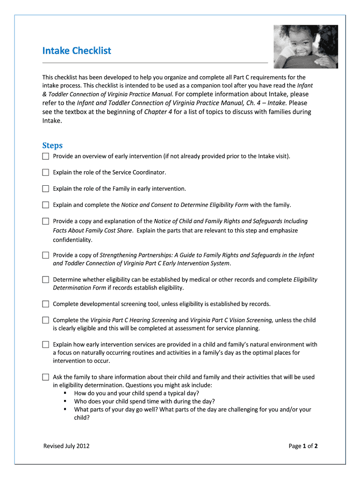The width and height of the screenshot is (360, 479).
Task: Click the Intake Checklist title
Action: coord(77,50)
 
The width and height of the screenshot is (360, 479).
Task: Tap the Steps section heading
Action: coord(52,145)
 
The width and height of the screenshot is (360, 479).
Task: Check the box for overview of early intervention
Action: coord(45,156)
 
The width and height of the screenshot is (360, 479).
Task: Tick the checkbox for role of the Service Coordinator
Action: coord(45,172)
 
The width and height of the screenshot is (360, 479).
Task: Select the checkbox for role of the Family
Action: coord(45,189)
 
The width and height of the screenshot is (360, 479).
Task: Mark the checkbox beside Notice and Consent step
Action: coord(45,205)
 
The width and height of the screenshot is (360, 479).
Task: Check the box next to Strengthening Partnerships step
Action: coord(45,255)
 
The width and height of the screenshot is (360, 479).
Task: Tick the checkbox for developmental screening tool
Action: coord(45,304)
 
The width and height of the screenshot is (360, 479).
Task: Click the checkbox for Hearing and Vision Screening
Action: coord(45,320)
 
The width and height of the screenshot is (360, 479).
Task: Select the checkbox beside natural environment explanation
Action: coord(45,345)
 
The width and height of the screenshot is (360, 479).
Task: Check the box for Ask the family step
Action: coord(45,377)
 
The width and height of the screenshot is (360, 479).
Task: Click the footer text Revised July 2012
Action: coord(66,446)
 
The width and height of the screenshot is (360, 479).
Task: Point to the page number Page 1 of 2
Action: coord(303,446)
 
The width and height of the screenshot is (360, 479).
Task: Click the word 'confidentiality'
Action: coord(72,240)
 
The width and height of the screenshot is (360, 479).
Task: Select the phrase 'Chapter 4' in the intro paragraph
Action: coord(158,112)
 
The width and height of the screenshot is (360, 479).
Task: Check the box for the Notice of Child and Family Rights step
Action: coord(45,221)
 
